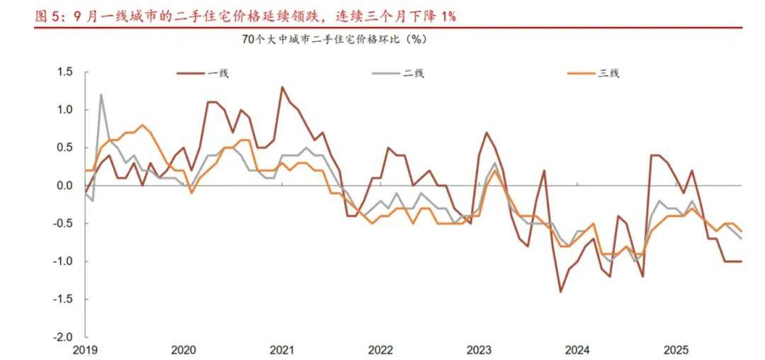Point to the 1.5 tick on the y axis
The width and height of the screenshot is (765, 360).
tap(64, 72)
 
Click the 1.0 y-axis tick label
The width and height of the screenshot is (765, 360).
tap(64, 110)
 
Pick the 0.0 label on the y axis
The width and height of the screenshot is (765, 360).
tap(64, 186)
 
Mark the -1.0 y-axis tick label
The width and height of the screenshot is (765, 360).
tap(63, 261)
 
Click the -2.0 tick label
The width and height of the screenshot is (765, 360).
tap(63, 337)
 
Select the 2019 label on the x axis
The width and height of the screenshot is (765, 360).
tap(85, 350)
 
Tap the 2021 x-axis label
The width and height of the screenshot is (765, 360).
tap(282, 350)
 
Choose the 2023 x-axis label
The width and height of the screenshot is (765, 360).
tap(479, 350)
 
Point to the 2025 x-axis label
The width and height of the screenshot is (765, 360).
tap(676, 350)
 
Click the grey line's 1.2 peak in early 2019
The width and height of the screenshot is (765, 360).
tap(101, 94)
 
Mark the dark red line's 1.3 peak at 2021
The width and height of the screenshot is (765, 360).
tap(282, 87)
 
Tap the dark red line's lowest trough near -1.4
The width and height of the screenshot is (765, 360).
tap(560, 291)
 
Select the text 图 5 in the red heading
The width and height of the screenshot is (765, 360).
tap(49, 15)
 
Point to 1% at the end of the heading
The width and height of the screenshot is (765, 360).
tap(447, 15)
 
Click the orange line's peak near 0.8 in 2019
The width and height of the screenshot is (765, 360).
tap(142, 125)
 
